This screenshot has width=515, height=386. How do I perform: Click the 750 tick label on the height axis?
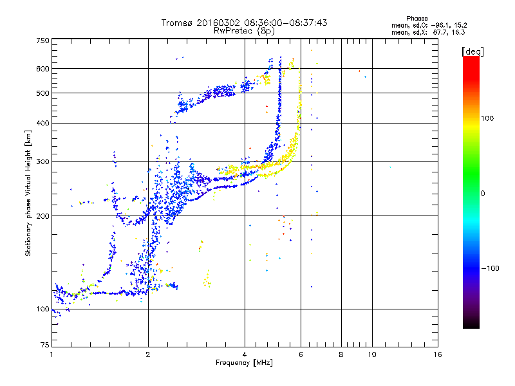click(42, 40)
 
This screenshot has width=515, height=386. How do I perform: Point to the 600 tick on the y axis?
click(42, 68)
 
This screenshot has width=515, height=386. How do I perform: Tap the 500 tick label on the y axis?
click(42, 93)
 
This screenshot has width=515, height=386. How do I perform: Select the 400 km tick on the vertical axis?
click(42, 123)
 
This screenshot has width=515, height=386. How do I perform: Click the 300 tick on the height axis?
click(42, 161)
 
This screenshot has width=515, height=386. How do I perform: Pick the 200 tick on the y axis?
click(42, 216)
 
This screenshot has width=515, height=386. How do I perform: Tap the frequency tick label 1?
click(51, 355)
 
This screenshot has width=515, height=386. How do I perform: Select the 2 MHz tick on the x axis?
click(148, 355)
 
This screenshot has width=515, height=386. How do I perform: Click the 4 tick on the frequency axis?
click(245, 355)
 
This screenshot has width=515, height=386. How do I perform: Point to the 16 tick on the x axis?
click(438, 355)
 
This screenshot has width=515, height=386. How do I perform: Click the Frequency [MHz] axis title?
click(245, 363)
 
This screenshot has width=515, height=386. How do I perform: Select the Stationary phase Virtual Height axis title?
click(28, 193)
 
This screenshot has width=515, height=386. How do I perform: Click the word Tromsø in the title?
click(179, 23)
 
